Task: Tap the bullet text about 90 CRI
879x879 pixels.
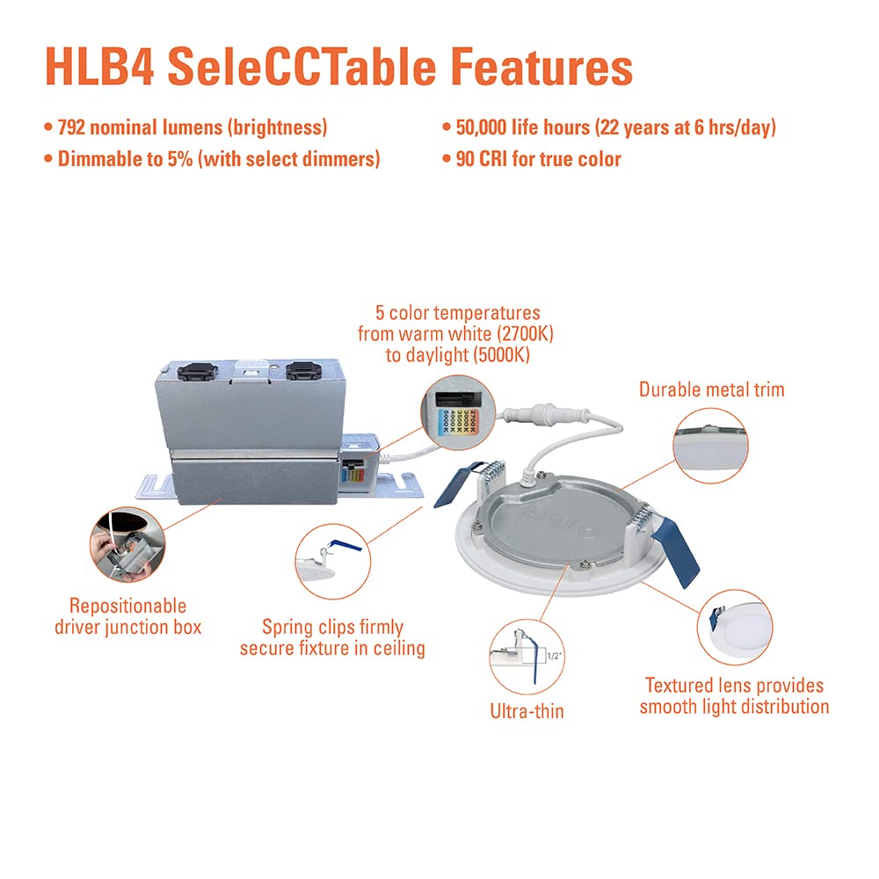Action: tap(538, 159)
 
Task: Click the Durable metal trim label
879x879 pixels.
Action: tap(711, 389)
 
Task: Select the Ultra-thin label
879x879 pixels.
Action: tap(527, 710)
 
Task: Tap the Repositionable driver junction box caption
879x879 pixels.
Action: tap(127, 616)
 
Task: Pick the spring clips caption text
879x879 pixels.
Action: tap(332, 638)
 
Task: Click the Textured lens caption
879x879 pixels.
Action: tap(734, 695)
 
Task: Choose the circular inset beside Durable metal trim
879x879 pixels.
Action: tap(709, 445)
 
